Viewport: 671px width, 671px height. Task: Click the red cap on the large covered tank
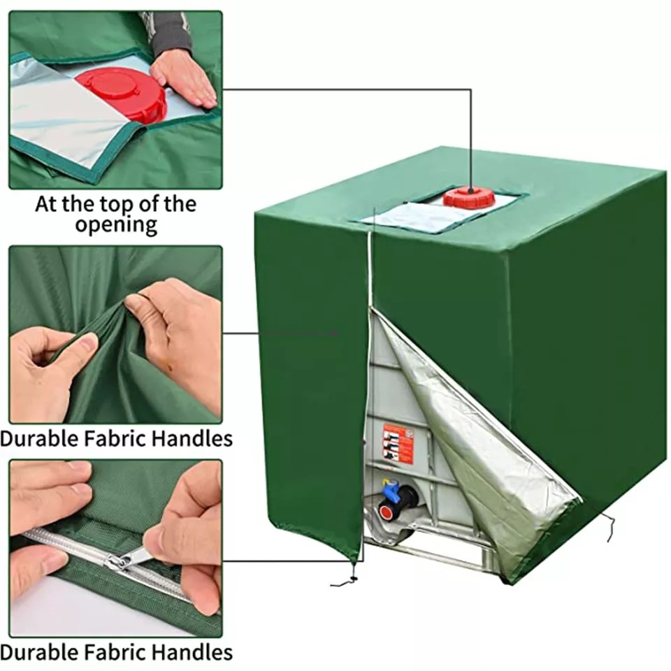[x=469, y=196]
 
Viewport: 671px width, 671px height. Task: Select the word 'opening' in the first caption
[x=116, y=225]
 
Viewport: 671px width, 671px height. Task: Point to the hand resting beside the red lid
[x=183, y=78]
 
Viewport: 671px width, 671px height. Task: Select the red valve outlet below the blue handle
[x=386, y=512]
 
